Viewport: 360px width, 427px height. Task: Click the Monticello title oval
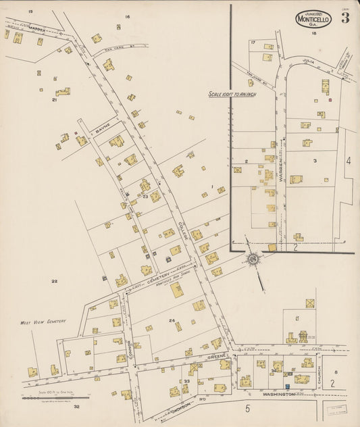click(313, 19)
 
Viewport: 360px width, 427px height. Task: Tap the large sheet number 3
click(345, 18)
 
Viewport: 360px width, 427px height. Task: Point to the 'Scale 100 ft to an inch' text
click(233, 95)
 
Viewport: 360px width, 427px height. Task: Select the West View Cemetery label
click(43, 322)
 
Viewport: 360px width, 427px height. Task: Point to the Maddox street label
click(36, 30)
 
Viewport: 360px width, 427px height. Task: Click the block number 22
click(55, 280)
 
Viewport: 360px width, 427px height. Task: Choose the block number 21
click(54, 99)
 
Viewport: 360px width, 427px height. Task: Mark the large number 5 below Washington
click(248, 408)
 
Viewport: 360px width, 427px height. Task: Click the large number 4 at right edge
click(349, 161)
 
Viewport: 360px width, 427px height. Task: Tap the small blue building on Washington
click(286, 386)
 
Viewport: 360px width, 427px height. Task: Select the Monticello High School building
click(176, 290)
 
